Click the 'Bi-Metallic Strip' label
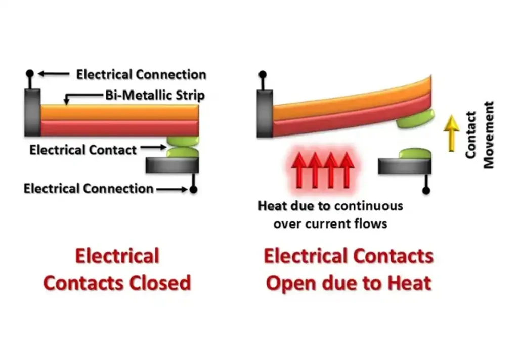click(x=155, y=95)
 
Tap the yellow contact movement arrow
click(x=451, y=133)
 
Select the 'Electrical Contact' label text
click(x=83, y=150)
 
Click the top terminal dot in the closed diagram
click(x=30, y=73)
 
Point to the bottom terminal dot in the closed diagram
click(x=194, y=189)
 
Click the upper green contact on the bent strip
click(x=415, y=119)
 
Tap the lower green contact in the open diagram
click(x=415, y=154)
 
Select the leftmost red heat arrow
click(x=299, y=170)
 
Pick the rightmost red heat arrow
click(x=347, y=170)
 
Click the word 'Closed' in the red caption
click(x=160, y=283)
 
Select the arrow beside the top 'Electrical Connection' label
click(x=54, y=74)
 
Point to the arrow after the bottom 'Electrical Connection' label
click(x=172, y=189)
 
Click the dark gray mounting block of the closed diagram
click(x=32, y=113)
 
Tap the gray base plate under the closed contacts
click(x=172, y=165)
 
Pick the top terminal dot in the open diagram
click(x=263, y=75)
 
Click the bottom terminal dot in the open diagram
click(x=426, y=191)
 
